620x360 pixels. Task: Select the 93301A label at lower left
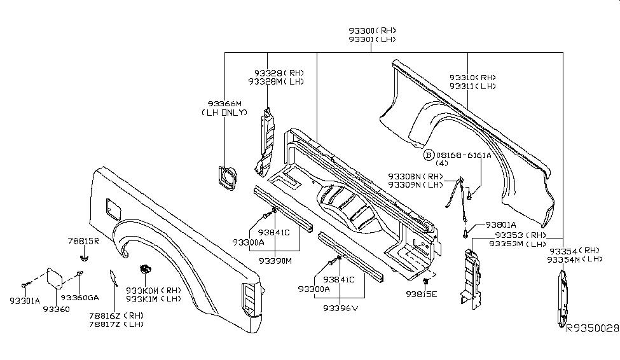tap(25, 301)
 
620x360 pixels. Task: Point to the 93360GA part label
tap(79, 298)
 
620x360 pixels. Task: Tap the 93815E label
tap(422, 294)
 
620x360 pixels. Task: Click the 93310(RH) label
tap(472, 78)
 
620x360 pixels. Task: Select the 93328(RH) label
tap(276, 73)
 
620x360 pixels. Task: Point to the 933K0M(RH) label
tap(154, 290)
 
